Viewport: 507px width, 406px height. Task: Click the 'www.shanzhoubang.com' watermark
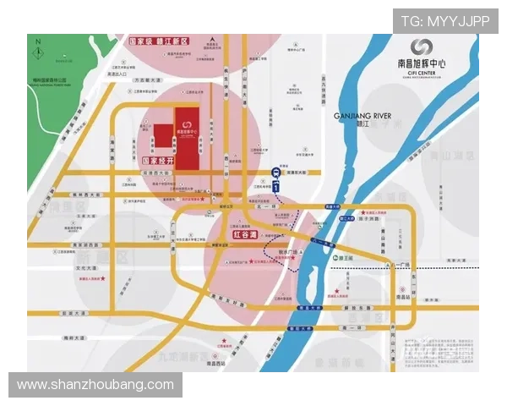coord(95,385)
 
